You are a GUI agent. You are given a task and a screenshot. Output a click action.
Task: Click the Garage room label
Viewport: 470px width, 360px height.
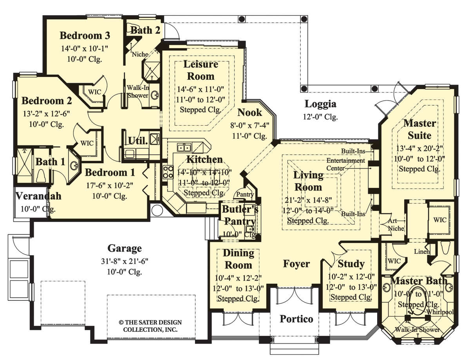pyautogui.click(x=125, y=249)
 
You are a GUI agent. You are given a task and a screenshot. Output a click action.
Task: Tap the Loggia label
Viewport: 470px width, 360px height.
pyautogui.click(x=320, y=104)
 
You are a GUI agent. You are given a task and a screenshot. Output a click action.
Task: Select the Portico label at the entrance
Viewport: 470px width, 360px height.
pyautogui.click(x=296, y=319)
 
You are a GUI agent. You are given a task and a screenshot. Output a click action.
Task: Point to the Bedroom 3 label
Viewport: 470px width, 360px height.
pyautogui.click(x=85, y=36)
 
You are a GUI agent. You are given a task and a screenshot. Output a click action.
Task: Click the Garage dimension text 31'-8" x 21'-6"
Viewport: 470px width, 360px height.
pyautogui.click(x=125, y=261)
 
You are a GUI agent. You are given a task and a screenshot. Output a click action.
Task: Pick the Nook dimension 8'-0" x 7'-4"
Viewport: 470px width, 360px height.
pyautogui.click(x=249, y=125)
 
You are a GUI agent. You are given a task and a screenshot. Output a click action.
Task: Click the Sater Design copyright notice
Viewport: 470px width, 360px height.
pyautogui.click(x=150, y=326)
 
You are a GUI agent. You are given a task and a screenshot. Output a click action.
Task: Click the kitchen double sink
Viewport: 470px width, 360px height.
pyautogui.click(x=184, y=148)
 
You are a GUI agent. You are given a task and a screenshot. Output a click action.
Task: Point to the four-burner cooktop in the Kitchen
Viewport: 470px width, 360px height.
pyautogui.click(x=168, y=172)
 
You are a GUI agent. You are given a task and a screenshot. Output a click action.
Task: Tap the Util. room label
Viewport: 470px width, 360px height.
pyautogui.click(x=138, y=141)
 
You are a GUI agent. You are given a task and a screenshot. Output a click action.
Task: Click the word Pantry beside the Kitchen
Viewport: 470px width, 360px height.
pyautogui.click(x=245, y=194)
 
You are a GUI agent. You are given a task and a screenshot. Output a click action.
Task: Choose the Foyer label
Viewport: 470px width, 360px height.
pyautogui.click(x=296, y=264)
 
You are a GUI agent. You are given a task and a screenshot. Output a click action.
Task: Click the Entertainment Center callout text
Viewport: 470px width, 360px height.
pyautogui.click(x=345, y=164)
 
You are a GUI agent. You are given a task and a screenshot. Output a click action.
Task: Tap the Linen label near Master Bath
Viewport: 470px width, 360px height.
pyautogui.click(x=422, y=252)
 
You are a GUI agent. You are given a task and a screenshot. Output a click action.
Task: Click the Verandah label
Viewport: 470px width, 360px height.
pyautogui.click(x=38, y=196)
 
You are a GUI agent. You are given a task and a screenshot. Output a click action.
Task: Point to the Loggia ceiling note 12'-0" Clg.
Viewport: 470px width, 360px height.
pyautogui.click(x=320, y=117)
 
